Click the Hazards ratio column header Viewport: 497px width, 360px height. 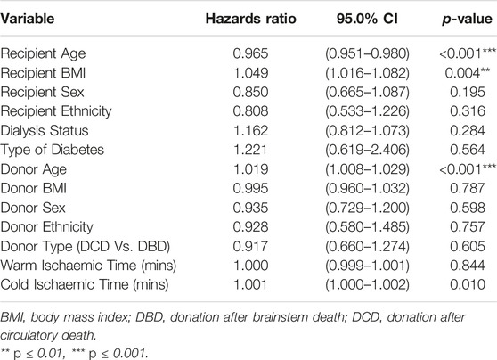[250, 19]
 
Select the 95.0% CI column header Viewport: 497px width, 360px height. [367, 19]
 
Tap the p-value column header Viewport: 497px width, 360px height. [468, 20]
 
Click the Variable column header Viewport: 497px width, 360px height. [28, 19]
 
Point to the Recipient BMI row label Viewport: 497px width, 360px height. [43, 73]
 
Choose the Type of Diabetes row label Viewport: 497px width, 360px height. [52, 150]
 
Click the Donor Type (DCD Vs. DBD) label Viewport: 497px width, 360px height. [85, 246]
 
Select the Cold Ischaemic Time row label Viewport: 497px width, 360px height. [85, 284]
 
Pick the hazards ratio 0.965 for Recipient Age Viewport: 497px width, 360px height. [250, 53]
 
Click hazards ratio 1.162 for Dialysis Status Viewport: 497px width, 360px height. [250, 130]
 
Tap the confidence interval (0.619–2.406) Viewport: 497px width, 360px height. [367, 150]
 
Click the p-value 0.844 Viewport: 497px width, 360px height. [468, 266]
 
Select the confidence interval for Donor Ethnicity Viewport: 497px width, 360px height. [367, 227]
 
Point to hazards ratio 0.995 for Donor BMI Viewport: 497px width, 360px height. [250, 188]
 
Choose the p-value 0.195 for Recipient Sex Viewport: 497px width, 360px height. [468, 92]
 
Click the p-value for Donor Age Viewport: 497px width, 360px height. [468, 169]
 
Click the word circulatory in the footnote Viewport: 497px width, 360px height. [28, 335]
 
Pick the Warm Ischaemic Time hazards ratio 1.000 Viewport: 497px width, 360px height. [250, 266]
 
